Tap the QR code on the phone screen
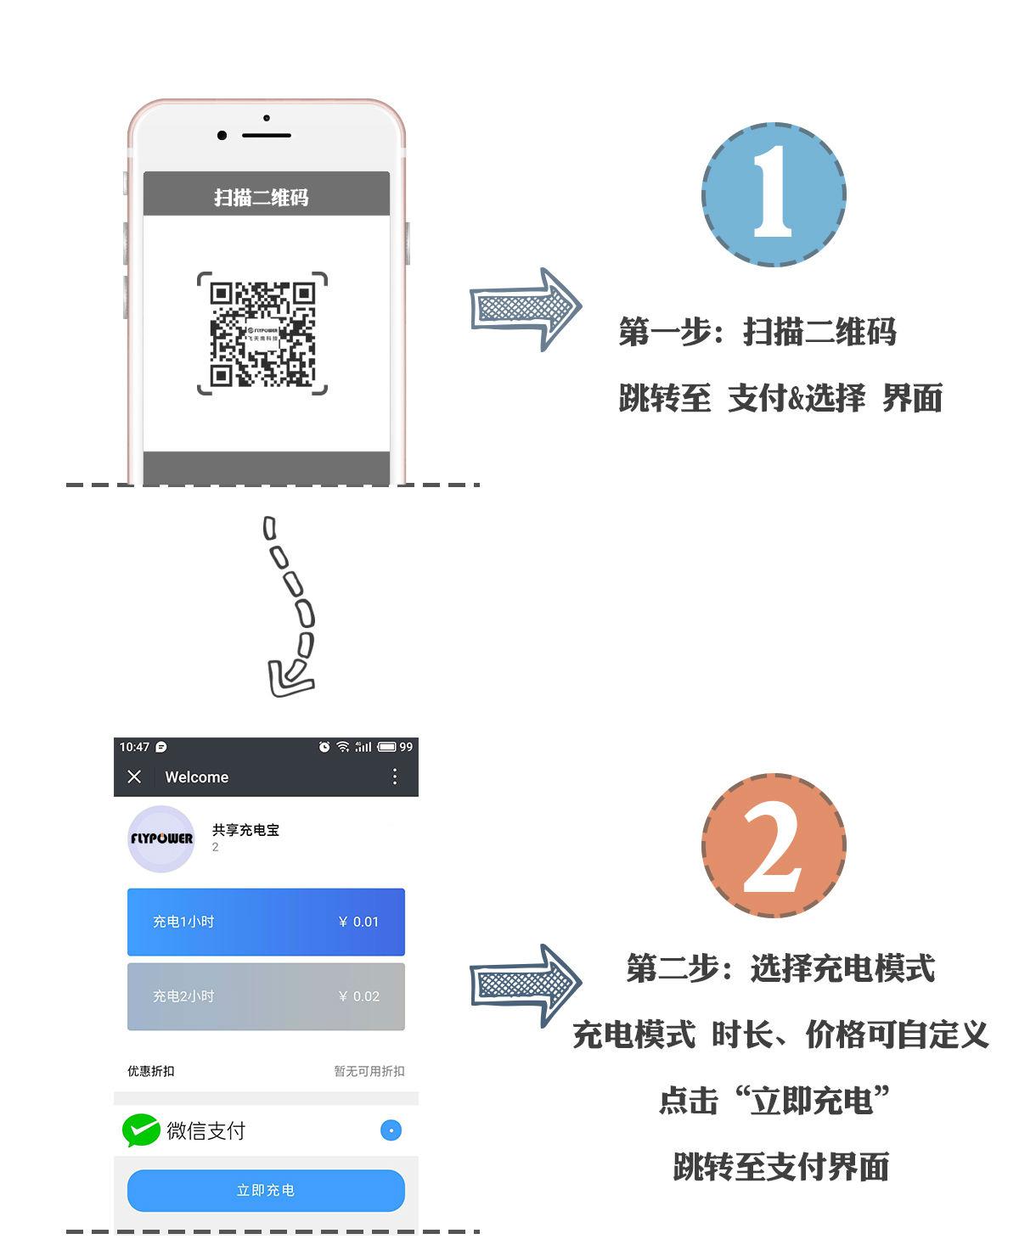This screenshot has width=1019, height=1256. (262, 334)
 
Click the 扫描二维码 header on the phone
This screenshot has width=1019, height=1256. (262, 198)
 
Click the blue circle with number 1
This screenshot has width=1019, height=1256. (774, 194)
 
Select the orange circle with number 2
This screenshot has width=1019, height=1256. (774, 845)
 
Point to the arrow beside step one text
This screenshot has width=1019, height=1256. (526, 309)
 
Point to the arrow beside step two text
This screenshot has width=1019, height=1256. (526, 985)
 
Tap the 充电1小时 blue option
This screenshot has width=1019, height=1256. (266, 922)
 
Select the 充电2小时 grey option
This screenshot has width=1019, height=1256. (266, 996)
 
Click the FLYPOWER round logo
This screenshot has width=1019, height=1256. (161, 838)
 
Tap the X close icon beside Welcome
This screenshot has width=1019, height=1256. (134, 777)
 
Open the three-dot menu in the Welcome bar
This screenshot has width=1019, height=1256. (395, 777)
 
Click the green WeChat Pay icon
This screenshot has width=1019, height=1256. (141, 1130)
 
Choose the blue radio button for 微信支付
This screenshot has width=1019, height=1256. (391, 1130)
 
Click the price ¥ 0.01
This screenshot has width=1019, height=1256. (358, 922)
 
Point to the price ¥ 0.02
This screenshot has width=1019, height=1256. (358, 996)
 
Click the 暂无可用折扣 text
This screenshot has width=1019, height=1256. (369, 1071)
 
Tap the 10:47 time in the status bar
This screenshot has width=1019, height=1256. (134, 747)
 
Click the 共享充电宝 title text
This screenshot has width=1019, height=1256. (245, 830)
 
